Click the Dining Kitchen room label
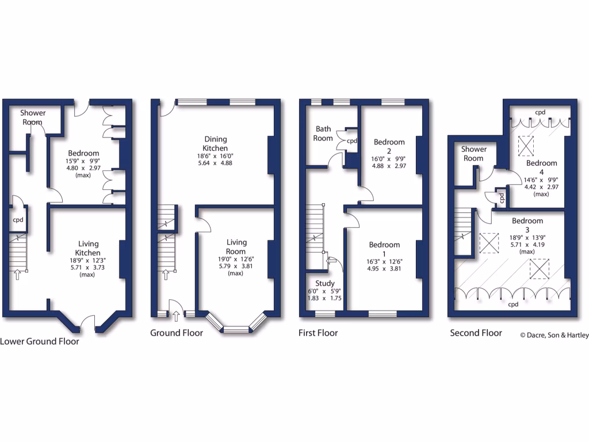point(216,143)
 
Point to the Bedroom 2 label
point(389,146)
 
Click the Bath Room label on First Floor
point(323,134)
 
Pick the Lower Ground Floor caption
point(40,341)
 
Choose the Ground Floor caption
point(177,333)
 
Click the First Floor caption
point(318,333)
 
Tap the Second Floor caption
point(476,333)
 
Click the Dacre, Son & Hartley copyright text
point(554,335)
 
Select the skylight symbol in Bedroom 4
point(526,146)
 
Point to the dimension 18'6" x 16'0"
point(216,156)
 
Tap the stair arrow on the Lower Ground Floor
point(17,275)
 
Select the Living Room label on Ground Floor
point(236,247)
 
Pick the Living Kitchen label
point(87,248)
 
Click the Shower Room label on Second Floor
point(473,154)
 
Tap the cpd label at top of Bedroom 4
point(540,112)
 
